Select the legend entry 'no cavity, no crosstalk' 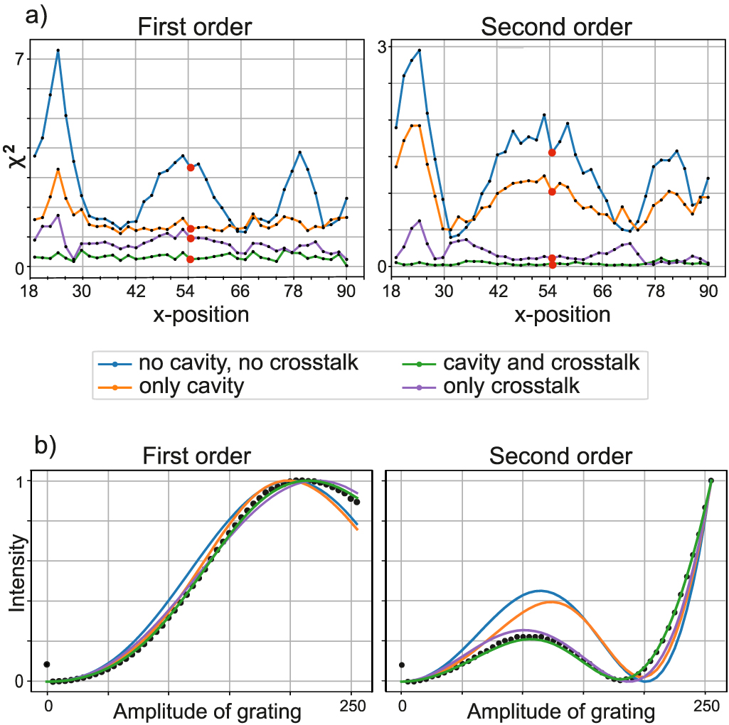[248, 363]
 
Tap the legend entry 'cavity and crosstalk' [541, 363]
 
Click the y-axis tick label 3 [381, 47]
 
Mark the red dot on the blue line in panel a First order [191, 168]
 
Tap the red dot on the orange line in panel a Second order [552, 191]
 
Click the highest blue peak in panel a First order [58, 50]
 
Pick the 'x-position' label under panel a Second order [563, 314]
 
